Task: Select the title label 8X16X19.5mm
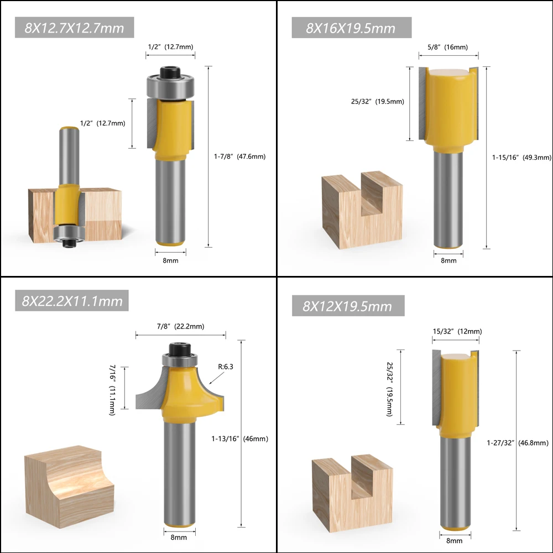(351, 28)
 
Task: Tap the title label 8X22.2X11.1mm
(72, 301)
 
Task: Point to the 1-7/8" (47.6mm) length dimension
(239, 156)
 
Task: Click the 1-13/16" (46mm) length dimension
(239, 439)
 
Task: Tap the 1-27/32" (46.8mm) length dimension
(518, 442)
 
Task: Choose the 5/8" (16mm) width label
(447, 48)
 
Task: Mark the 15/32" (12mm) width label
(456, 332)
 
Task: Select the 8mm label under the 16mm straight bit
(448, 260)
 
